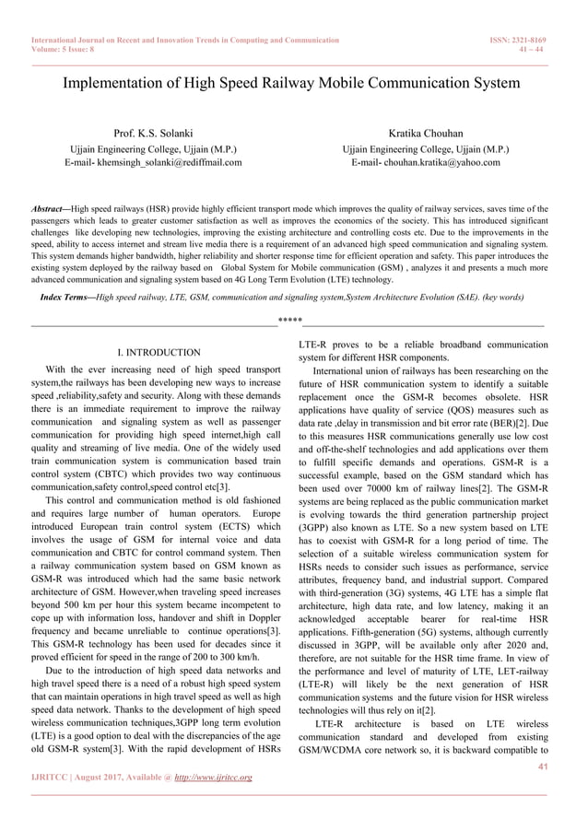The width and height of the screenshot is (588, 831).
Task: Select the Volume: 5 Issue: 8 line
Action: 65,52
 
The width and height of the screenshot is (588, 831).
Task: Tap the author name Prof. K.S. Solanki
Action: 153,135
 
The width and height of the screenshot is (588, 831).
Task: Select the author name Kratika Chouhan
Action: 425,135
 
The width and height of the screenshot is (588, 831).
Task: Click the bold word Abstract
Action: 51,209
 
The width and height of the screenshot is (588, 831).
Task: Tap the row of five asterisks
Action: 290,321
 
